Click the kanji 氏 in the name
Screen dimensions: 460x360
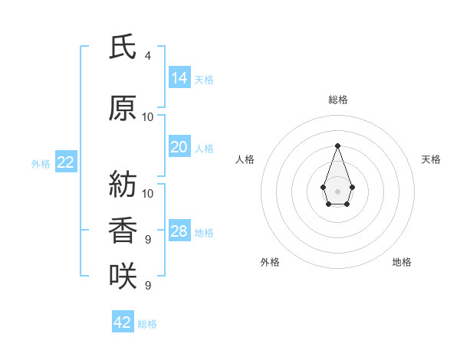click(x=123, y=47)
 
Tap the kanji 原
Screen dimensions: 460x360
click(x=123, y=108)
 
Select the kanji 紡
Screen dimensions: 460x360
click(x=123, y=184)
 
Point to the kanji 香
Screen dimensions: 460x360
click(x=123, y=230)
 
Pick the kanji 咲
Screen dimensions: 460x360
click(x=123, y=276)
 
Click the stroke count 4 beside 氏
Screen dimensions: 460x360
click(x=148, y=56)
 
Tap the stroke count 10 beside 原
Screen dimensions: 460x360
click(x=147, y=117)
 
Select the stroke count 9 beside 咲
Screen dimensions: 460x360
click(x=148, y=285)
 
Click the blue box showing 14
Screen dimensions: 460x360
click(x=180, y=77)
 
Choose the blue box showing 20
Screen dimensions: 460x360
click(x=180, y=146)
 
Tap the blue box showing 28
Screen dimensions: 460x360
click(x=180, y=230)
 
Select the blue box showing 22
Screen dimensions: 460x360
click(x=66, y=162)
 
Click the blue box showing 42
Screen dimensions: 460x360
click(x=123, y=321)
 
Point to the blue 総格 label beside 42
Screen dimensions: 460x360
click(x=147, y=324)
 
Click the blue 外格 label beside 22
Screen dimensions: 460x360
click(x=41, y=164)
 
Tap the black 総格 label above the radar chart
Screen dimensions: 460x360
click(x=338, y=100)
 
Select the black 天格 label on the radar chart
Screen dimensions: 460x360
click(x=431, y=159)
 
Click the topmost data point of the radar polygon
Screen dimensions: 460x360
click(x=337, y=146)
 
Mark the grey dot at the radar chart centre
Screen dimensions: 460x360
click(x=337, y=191)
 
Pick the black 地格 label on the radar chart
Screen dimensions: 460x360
click(x=402, y=262)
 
